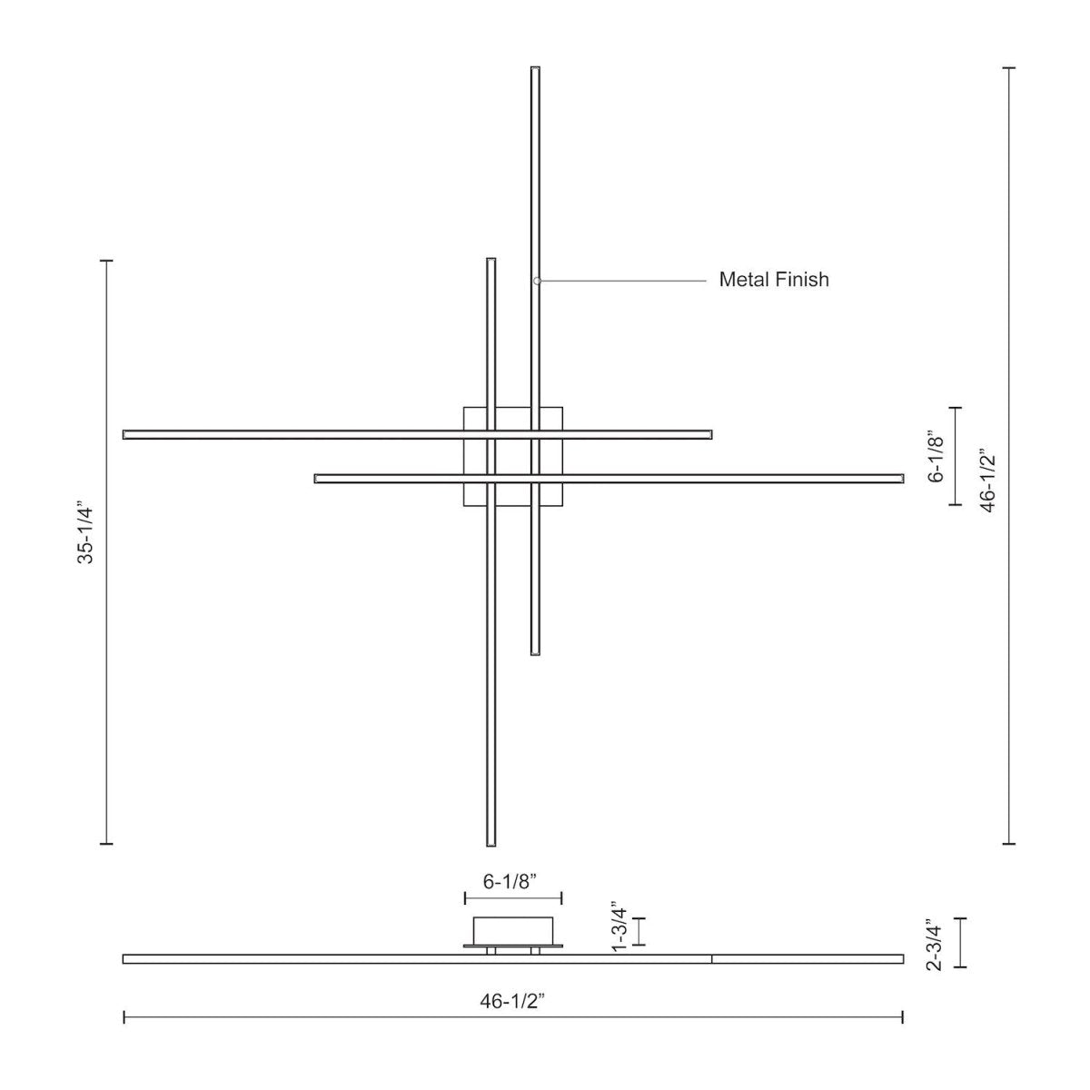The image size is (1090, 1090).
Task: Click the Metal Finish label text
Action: (774, 280)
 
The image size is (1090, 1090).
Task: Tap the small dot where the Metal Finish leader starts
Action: (537, 281)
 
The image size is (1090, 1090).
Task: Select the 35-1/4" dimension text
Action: (85, 531)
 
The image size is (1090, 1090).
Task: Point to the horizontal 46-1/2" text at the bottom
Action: (512, 1001)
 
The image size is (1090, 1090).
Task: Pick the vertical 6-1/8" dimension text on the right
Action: (937, 456)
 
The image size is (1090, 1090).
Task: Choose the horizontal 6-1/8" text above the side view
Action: (510, 881)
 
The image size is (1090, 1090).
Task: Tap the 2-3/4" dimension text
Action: (934, 945)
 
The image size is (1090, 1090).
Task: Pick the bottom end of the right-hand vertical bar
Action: (536, 651)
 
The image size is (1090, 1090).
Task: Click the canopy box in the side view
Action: (513, 931)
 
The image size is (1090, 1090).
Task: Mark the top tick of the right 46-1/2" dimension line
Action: (1008, 68)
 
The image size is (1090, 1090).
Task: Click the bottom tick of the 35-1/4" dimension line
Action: (106, 844)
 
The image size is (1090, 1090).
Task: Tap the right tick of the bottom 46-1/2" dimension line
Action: (902, 1016)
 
